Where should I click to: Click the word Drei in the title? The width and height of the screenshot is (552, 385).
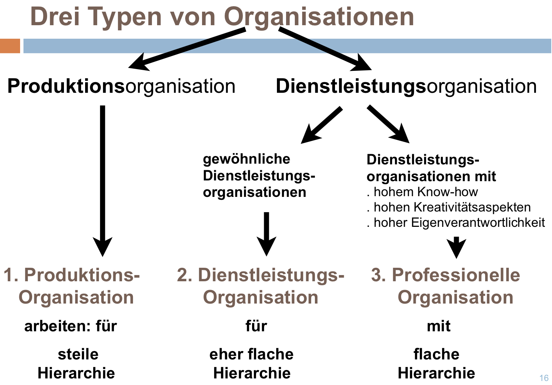coord(55,16)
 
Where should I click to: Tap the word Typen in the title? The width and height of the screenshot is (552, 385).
coord(124,18)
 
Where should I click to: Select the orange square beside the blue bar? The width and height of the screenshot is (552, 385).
coord(10,46)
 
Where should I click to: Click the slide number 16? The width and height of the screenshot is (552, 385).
coord(544,378)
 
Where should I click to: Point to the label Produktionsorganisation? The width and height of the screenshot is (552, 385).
coord(121,87)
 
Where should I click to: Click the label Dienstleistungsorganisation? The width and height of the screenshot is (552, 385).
coord(406,87)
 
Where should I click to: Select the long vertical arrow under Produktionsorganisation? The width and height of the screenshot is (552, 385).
coord(103,181)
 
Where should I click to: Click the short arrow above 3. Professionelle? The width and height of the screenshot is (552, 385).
coord(456,247)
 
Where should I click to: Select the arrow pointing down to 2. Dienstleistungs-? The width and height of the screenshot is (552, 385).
coord(266,234)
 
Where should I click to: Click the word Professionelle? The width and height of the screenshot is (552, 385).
coord(456,275)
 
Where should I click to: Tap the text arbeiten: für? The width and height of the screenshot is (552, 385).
coord(71,326)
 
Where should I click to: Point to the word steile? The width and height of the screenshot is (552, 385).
coord(78,354)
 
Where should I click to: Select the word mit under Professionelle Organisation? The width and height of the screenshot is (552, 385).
coord(439,326)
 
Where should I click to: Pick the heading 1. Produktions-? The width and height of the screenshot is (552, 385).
coord(72,275)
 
